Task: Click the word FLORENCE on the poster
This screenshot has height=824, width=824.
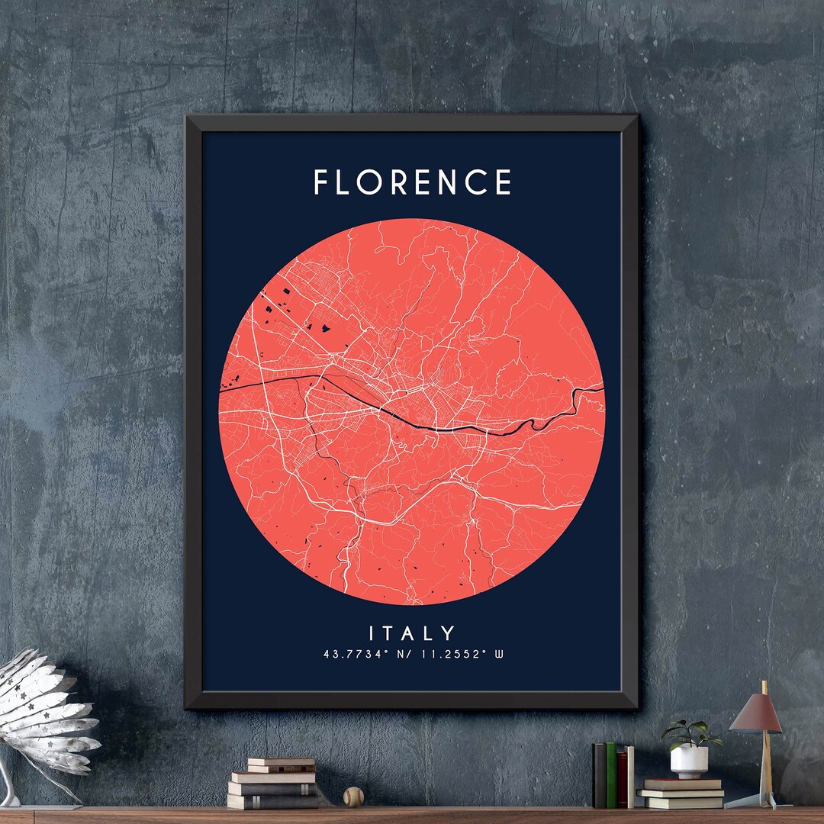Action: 412,182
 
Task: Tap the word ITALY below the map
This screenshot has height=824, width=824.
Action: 412,633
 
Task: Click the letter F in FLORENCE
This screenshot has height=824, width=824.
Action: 321,182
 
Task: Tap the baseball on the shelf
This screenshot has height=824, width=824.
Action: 352,797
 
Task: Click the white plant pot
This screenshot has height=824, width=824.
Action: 689,761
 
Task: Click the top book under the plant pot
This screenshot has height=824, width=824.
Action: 681,784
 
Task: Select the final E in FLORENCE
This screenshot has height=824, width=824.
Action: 502,182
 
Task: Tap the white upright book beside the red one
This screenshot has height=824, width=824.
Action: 630,777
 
